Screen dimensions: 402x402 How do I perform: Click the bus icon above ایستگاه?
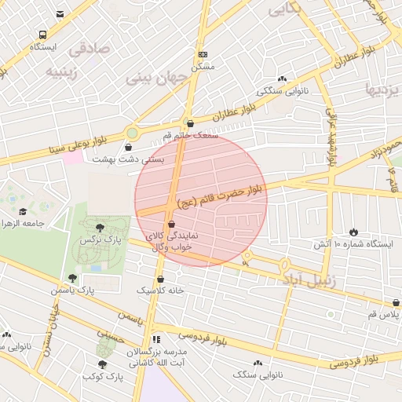coord(42,35)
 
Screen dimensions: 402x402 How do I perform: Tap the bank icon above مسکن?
coord(203,54)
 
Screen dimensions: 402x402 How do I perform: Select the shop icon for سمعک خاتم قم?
coord(190,122)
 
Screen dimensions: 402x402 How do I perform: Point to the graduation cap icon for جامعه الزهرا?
coord(23,211)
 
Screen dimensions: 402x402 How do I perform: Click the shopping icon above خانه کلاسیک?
coord(160,278)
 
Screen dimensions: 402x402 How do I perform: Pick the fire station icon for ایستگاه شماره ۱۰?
coord(353,232)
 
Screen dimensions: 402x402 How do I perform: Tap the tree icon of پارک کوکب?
coord(102,364)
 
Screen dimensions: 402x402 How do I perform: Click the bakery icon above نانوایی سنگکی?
coord(282,79)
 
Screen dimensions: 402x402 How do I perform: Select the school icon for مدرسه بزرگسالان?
coord(155,340)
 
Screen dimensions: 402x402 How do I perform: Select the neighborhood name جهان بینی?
coord(159,79)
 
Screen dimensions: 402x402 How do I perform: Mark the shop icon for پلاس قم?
coord(396,301)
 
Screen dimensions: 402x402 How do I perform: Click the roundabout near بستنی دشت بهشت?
coord(132,133)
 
